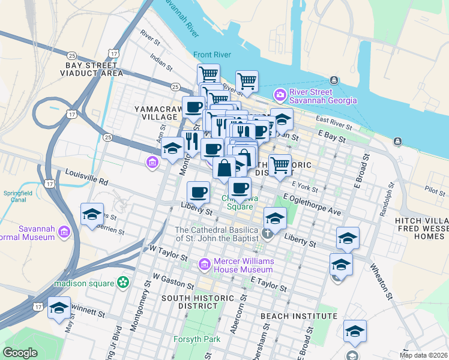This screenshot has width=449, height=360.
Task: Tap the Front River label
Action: point(212,55)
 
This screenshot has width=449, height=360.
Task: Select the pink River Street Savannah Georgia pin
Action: point(280,95)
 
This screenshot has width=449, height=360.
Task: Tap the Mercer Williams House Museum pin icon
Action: point(204,263)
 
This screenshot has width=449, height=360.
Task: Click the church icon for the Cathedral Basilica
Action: point(267,233)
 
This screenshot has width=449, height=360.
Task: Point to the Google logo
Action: point(20,353)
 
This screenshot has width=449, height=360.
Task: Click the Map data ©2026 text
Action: point(423,355)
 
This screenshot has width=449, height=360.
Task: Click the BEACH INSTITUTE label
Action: point(298,316)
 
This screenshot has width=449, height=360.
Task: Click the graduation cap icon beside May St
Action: point(59,308)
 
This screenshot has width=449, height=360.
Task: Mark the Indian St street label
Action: point(161,61)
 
